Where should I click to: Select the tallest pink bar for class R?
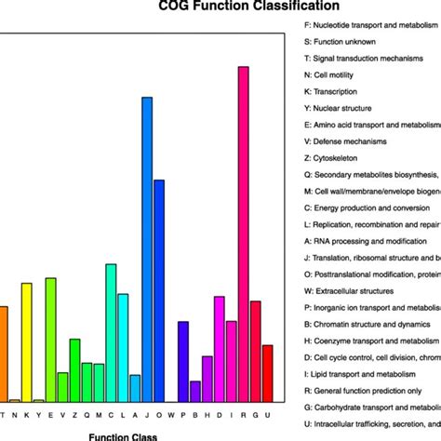(x=243, y=233)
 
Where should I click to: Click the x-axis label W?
(x=171, y=414)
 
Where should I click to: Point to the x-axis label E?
(x=50, y=414)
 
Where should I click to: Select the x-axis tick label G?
(x=256, y=414)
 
